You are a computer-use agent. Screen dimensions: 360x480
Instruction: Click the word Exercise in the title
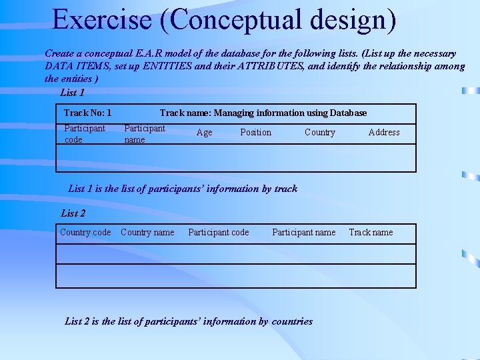102,20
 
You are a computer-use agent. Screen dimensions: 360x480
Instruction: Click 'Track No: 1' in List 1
87,113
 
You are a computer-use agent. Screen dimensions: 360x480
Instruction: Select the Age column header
205,133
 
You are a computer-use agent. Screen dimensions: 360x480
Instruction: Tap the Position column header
255,133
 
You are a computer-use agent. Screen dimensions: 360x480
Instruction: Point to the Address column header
384,133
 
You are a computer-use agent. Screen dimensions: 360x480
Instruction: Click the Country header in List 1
320,133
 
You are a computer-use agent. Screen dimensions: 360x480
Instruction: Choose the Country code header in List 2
85,233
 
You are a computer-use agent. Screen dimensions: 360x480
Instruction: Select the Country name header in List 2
147,233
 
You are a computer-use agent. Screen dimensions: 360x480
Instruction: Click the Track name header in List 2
371,233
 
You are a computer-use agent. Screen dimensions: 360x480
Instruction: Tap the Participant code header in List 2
219,233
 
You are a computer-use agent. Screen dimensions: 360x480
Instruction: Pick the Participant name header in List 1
145,133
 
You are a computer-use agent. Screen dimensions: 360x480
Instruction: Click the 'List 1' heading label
73,93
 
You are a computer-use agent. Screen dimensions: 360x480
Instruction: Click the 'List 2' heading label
73,213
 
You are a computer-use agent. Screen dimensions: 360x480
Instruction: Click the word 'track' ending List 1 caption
286,189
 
